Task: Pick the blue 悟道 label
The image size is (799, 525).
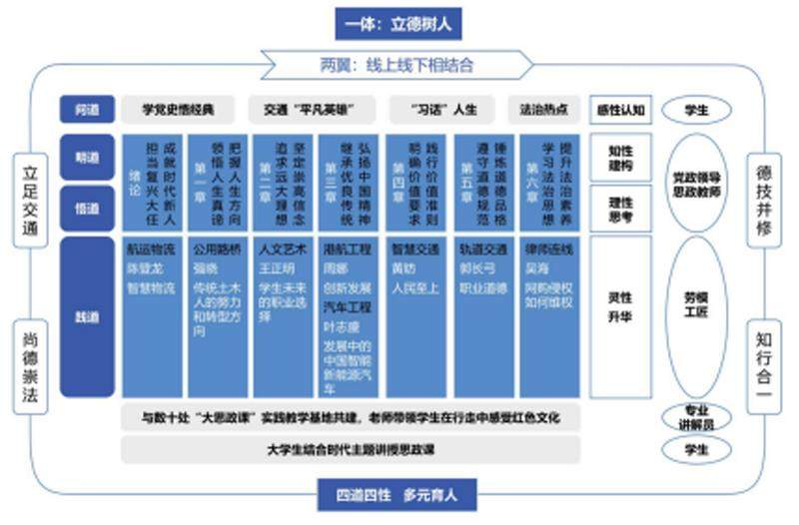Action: click(x=87, y=208)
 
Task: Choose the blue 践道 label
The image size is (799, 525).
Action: click(x=87, y=315)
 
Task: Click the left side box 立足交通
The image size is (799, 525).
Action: click(x=31, y=200)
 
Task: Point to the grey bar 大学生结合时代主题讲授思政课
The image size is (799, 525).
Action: click(x=350, y=450)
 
